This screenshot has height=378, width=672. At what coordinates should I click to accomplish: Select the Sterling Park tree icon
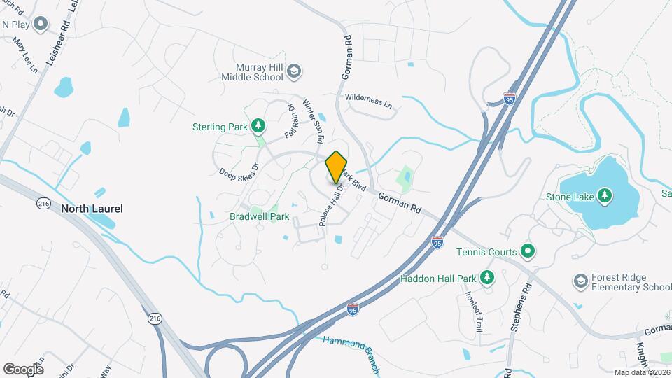pos(259,126)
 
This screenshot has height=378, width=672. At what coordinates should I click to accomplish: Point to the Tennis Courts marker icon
pos(528,251)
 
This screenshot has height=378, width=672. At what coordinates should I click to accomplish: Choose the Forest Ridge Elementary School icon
pos(580,281)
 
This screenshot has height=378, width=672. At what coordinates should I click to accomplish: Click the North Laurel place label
pos(92,209)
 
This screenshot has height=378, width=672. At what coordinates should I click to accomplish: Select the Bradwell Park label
pos(259,216)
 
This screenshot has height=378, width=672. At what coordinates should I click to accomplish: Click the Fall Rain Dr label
pos(290,121)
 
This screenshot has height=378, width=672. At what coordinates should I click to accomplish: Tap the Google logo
pos(23,369)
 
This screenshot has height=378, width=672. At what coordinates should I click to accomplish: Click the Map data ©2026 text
pos(642,372)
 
